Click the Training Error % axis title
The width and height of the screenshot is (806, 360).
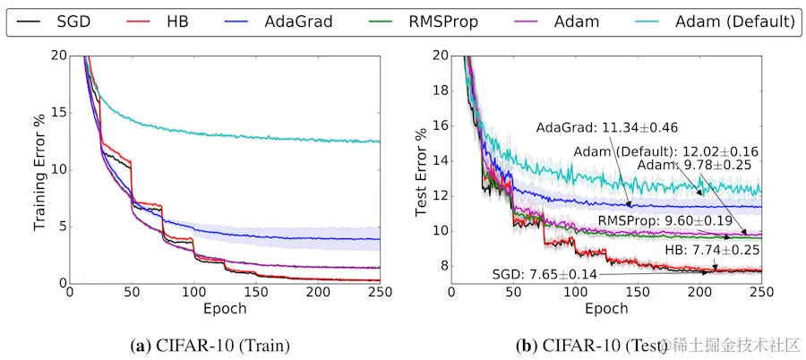point(40,168)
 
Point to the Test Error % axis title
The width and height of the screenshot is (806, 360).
point(422,168)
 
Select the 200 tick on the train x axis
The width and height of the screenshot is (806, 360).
point(317,294)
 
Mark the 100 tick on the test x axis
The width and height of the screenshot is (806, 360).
point(575,294)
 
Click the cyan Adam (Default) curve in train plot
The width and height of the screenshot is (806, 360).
point(224,134)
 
